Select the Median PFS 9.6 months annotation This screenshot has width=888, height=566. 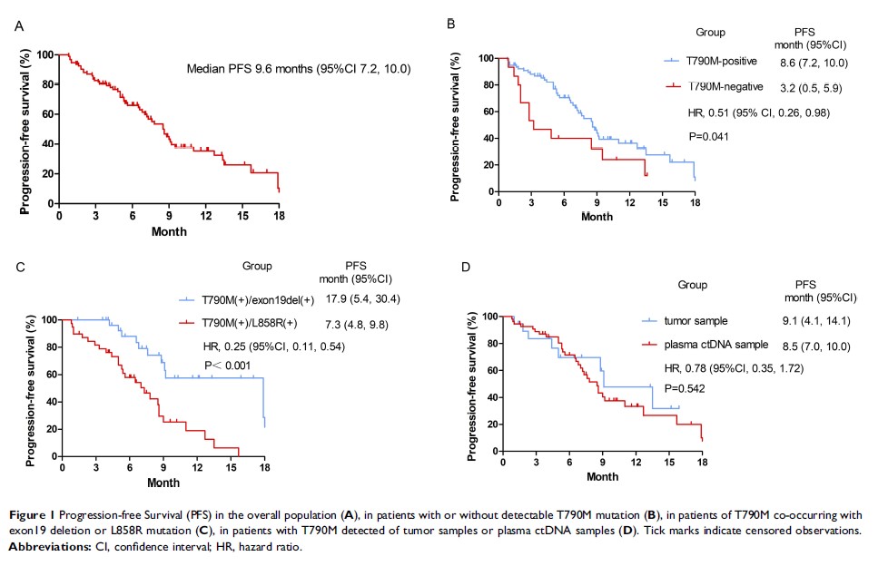pos(299,68)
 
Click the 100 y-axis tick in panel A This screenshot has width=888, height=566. pos(46,55)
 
